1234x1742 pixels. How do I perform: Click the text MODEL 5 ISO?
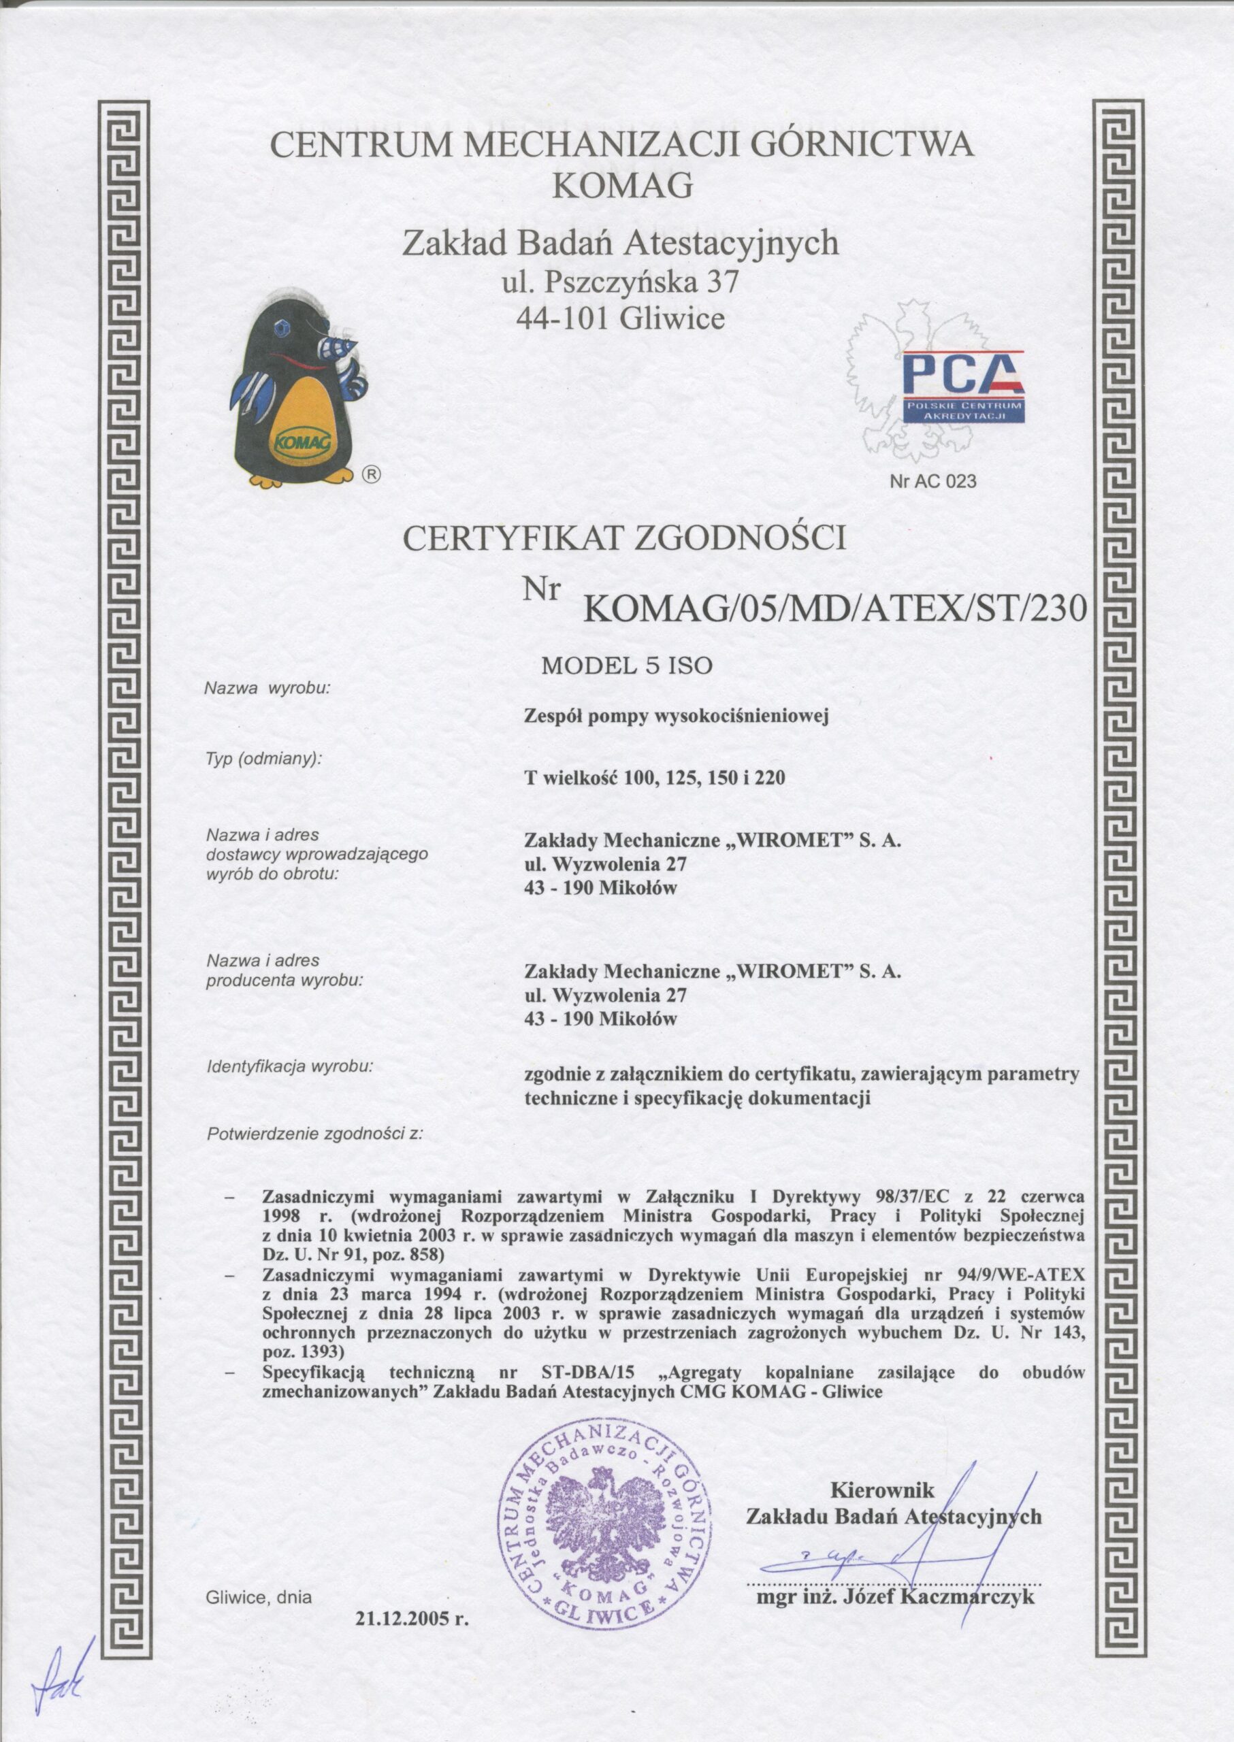coord(626,666)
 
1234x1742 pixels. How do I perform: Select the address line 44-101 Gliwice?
coord(620,320)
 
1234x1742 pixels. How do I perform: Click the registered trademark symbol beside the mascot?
coord(371,474)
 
